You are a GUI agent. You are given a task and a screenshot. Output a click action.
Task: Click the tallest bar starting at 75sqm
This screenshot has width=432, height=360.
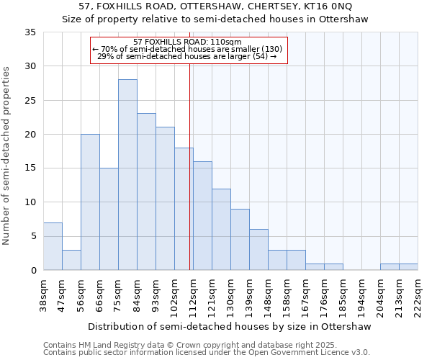tap(127, 175)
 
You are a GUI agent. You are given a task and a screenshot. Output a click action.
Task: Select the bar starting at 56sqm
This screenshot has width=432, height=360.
tap(90, 202)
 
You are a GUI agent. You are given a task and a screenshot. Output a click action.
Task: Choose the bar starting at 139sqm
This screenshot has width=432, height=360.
tap(258, 250)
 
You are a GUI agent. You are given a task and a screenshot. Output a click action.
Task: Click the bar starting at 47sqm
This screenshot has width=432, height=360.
tap(71, 260)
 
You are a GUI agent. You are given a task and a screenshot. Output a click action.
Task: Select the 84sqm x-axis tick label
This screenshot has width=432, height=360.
tap(138, 295)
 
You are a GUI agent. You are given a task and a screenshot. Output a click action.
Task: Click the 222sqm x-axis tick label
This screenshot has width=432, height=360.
tap(418, 295)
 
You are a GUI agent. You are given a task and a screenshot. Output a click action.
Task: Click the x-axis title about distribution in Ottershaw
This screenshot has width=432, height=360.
tap(230, 327)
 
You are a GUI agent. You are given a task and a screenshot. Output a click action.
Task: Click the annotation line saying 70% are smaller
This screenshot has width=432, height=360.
tap(187, 49)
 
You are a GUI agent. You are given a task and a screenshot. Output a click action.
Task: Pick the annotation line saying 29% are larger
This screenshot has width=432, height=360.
tap(187, 56)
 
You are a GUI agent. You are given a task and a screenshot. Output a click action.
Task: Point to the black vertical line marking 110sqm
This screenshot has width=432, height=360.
tap(189, 180)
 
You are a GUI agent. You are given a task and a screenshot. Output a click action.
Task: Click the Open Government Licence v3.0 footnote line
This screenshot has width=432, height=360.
tap(207, 353)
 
